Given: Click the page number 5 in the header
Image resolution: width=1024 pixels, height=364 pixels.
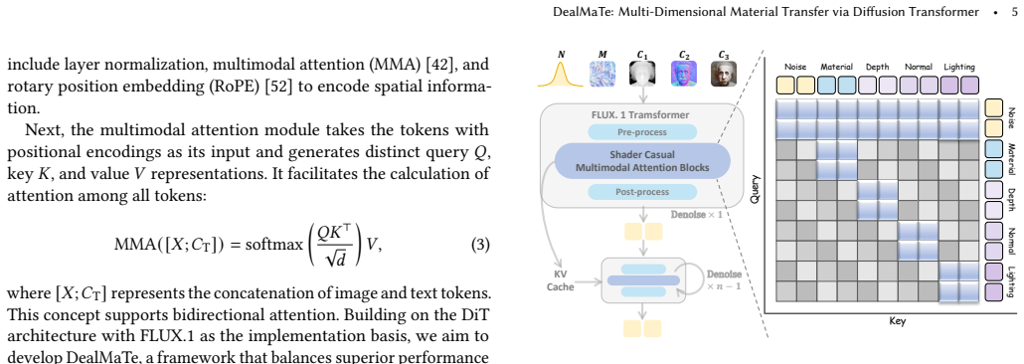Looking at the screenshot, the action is click(x=1013, y=12).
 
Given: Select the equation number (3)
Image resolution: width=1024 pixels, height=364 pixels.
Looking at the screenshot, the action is click(x=480, y=246).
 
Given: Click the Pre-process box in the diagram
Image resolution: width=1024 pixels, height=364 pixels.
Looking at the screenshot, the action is click(x=642, y=132).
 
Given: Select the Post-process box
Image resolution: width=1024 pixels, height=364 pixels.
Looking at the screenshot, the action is click(x=642, y=192).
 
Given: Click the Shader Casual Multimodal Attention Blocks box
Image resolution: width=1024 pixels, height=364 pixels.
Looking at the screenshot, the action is click(x=642, y=161).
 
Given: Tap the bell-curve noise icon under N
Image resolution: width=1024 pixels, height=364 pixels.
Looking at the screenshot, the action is click(x=561, y=74).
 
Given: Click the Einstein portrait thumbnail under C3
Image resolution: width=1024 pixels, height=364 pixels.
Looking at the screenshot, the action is click(x=724, y=74).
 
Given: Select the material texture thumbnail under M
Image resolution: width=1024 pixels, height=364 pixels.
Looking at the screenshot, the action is click(x=601, y=74).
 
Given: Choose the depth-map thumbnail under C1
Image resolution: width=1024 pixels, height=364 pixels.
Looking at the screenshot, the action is click(x=642, y=74).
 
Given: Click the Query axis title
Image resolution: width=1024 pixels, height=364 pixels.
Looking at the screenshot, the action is click(x=755, y=189).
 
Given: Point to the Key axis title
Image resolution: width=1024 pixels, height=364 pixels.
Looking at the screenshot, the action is click(x=898, y=321).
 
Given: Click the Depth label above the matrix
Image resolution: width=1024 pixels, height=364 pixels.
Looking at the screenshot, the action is click(x=877, y=67).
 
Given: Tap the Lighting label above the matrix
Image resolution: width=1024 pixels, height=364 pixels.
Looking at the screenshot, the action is click(x=959, y=67).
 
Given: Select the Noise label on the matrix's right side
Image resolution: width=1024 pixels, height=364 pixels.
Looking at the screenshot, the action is click(x=1012, y=117).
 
